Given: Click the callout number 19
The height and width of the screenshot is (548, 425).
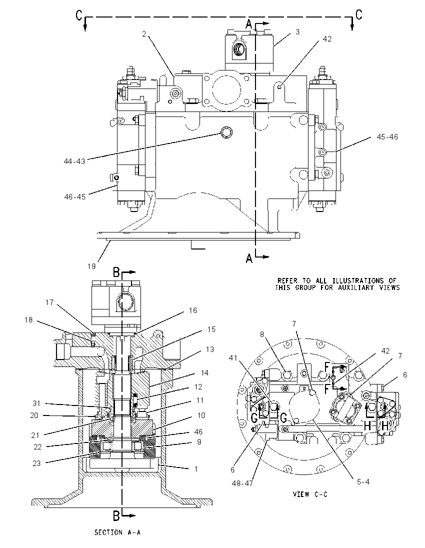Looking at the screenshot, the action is coord(91,266).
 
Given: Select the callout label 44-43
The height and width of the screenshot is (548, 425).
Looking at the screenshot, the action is coord(74,161).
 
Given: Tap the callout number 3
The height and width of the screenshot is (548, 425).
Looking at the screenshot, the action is coord(297,32).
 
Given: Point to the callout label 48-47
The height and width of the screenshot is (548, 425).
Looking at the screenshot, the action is coord(242,483).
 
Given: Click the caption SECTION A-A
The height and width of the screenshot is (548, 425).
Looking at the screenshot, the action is coord(117,532).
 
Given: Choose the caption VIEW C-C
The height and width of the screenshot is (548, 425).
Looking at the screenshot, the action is coord(310,494).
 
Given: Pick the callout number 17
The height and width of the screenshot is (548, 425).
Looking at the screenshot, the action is coord(49,302).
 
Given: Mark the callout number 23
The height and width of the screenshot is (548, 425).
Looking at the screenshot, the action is coord(36,463).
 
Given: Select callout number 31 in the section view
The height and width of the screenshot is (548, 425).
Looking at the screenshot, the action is coord(36,403).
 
